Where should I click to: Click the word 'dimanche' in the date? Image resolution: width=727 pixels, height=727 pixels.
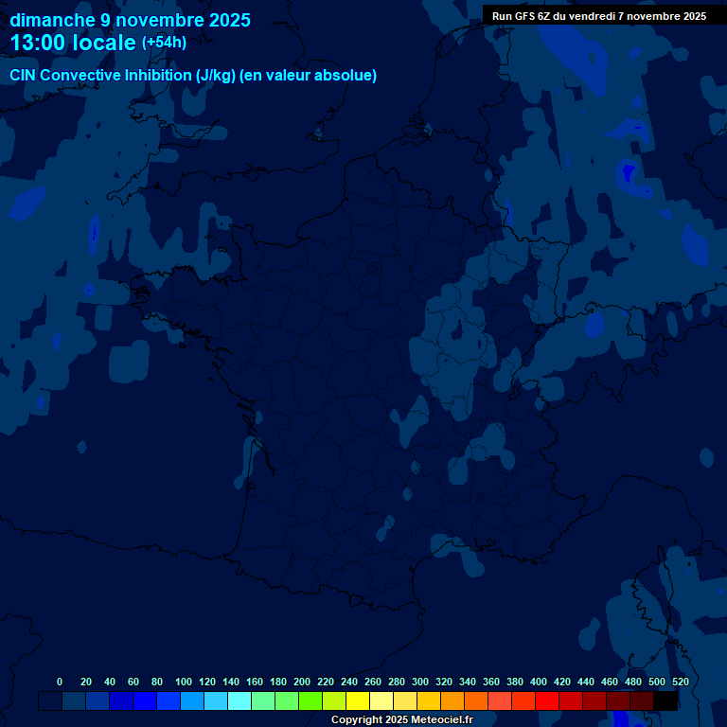pyautogui.click(x=52, y=20)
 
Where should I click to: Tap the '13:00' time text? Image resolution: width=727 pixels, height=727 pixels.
pyautogui.click(x=38, y=44)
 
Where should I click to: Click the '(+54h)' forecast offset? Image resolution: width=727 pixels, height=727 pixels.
pyautogui.click(x=164, y=43)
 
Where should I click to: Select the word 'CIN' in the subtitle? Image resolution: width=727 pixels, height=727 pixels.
pyautogui.click(x=23, y=76)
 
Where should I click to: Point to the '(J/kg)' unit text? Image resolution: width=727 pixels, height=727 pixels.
pyautogui.click(x=216, y=76)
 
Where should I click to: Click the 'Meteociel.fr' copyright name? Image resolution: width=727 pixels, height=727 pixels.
pyautogui.click(x=441, y=720)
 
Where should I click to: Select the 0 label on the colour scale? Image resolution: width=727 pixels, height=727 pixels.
pyautogui.click(x=60, y=682)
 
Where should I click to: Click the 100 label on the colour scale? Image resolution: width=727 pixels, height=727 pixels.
pyautogui.click(x=184, y=682)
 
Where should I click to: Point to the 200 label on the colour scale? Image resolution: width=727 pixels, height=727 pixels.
pyautogui.click(x=302, y=682)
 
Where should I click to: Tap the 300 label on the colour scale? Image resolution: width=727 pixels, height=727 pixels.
pyautogui.click(x=420, y=682)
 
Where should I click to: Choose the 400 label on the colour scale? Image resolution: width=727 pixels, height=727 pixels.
pyautogui.click(x=539, y=682)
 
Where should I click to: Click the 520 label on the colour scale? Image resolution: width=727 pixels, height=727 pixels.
pyautogui.click(x=680, y=682)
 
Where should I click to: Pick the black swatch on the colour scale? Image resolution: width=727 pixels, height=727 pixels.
pyautogui.click(x=666, y=701)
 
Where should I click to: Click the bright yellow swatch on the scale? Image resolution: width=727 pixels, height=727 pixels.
pyautogui.click(x=358, y=701)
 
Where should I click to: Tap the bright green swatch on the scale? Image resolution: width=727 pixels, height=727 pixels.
pyautogui.click(x=310, y=701)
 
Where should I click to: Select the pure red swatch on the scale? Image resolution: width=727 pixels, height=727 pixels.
pyautogui.click(x=547, y=701)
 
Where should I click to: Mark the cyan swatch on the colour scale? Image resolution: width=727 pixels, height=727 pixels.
pyautogui.click(x=239, y=701)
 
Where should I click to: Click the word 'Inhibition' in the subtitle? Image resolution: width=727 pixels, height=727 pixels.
pyautogui.click(x=157, y=76)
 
